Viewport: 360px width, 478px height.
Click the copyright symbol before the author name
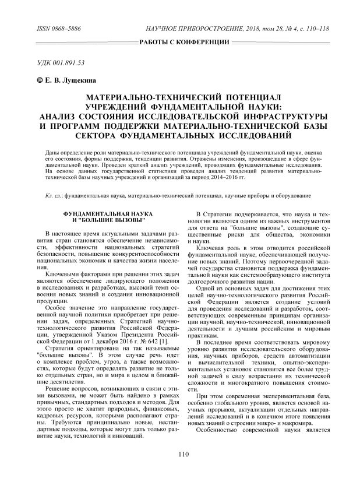click(x=32, y=80)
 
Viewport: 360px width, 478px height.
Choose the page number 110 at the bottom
click(x=184, y=455)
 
